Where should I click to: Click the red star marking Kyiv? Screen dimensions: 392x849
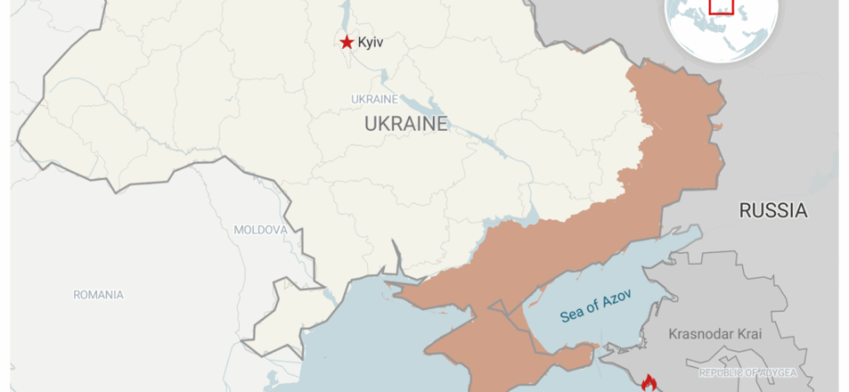coord(346,42)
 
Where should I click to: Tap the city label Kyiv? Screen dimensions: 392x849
coord(371,42)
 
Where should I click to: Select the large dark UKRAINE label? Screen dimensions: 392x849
coord(406,124)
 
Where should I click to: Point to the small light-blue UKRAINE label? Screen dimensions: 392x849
coord(375,99)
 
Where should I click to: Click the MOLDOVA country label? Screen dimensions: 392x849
coord(261,230)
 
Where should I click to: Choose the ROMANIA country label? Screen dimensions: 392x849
coord(99,295)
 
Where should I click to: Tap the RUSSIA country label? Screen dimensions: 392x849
coord(773,211)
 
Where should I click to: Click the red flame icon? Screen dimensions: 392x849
coord(649,382)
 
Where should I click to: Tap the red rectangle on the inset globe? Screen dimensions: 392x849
coord(721,6)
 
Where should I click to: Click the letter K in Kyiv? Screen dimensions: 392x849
coord(362,42)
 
